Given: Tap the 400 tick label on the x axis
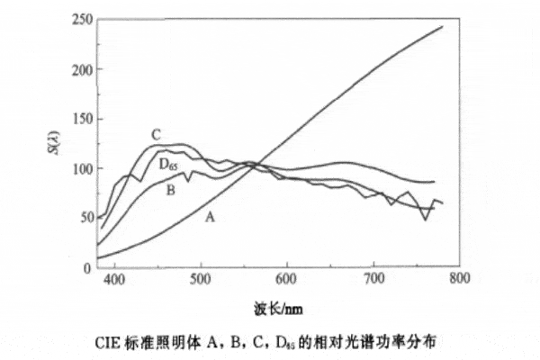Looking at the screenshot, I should pyautogui.click(x=114, y=280).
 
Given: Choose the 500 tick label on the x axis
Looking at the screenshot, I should pyautogui.click(x=201, y=280).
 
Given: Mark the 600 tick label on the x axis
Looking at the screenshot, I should pyautogui.click(x=286, y=280).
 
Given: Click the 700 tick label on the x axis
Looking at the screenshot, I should pyautogui.click(x=373, y=280).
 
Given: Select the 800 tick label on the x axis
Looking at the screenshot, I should pyautogui.click(x=459, y=280).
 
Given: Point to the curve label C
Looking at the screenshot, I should pyautogui.click(x=156, y=135).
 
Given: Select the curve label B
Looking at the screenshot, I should pyautogui.click(x=169, y=188).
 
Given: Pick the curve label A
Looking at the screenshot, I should pyautogui.click(x=210, y=217).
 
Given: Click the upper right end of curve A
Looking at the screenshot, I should pyautogui.click(x=442, y=27).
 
